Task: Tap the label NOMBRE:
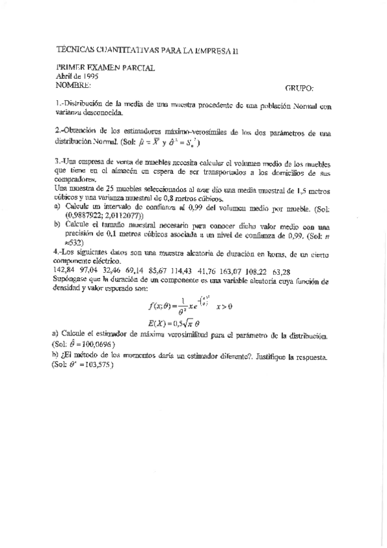(73, 85)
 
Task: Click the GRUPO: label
(299, 88)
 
